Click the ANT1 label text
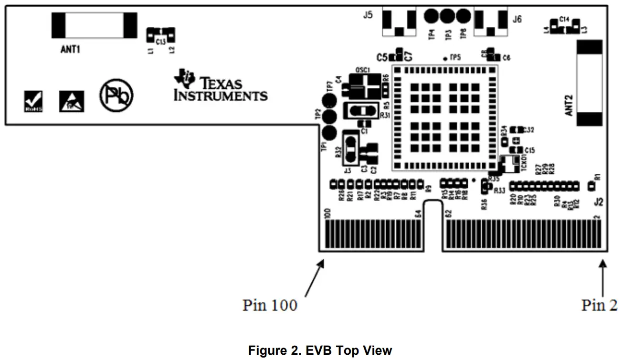pyautogui.click(x=70, y=49)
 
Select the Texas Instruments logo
pyautogui.click(x=221, y=86)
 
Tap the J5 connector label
pyautogui.click(x=368, y=15)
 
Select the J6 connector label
pyautogui.click(x=517, y=20)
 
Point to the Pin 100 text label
pyautogui.click(x=269, y=305)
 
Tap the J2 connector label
pyautogui.click(x=598, y=203)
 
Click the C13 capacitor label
pyautogui.click(x=160, y=42)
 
